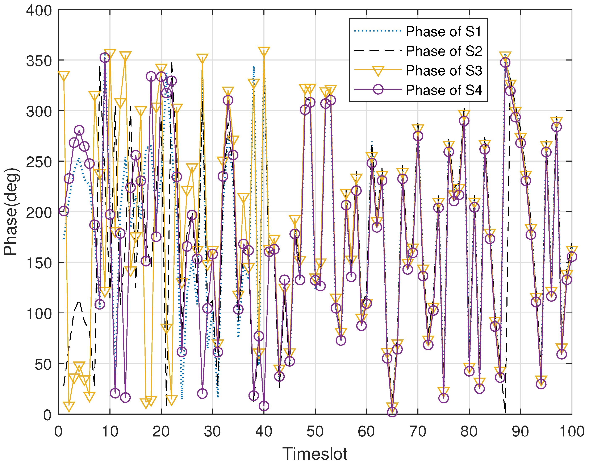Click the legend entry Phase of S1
tap(443, 32)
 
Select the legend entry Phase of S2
tap(444, 51)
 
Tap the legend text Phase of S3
tap(444, 71)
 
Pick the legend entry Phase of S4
tap(444, 90)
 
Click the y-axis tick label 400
tap(39, 11)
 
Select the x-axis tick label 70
tap(418, 432)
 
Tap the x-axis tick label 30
tap(212, 432)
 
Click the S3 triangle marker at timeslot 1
tap(64, 76)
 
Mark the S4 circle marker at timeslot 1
tap(64, 211)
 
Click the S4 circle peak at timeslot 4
tap(79, 130)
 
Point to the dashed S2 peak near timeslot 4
tap(79, 302)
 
